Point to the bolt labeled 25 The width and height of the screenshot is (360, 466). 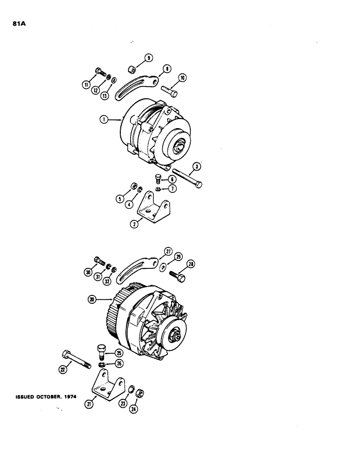(103, 350)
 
